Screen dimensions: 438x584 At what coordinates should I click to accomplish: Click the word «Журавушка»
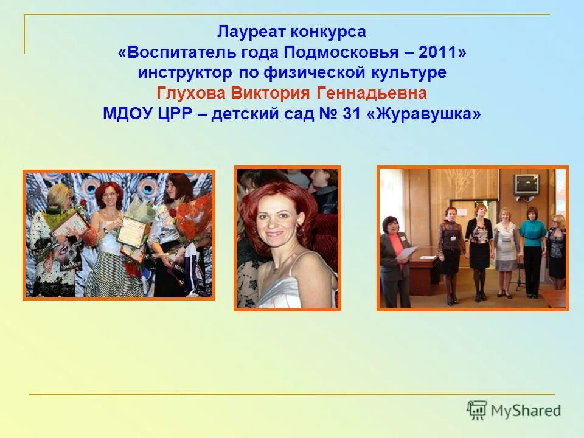coord(423,114)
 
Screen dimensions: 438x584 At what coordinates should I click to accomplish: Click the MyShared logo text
coord(527,411)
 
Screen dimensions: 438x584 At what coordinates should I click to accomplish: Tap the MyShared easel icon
coord(477,410)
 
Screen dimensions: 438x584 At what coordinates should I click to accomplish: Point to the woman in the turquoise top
coord(532,249)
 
